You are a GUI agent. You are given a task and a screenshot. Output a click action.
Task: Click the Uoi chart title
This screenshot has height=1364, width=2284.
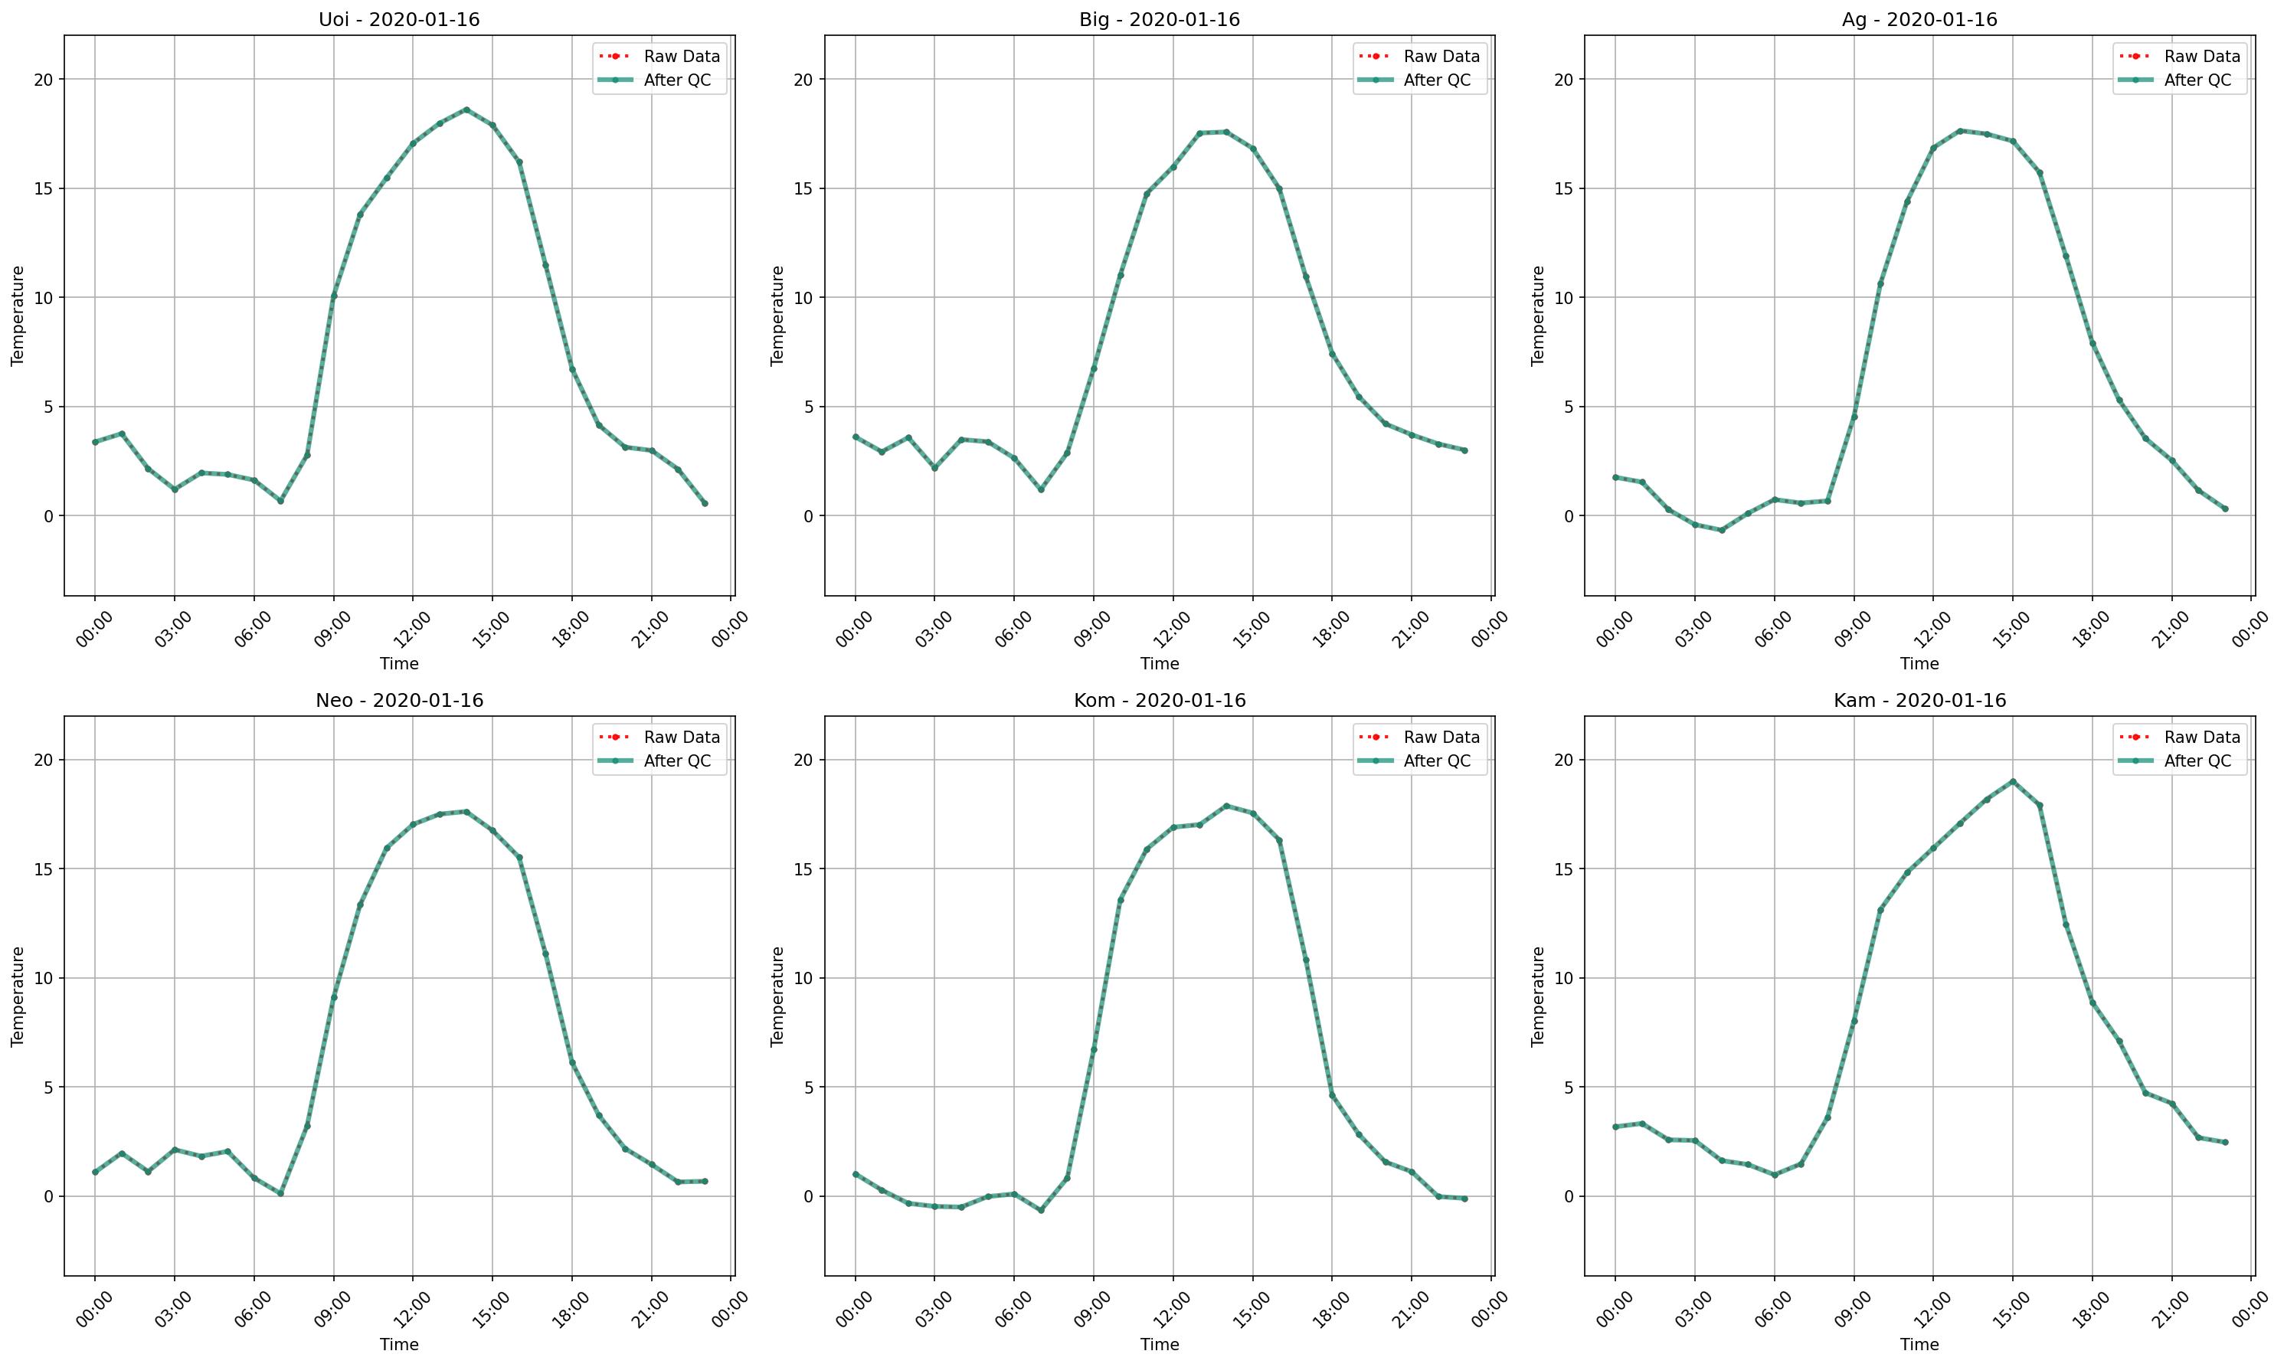tap(399, 19)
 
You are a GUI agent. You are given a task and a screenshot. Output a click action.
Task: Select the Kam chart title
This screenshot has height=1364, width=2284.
tap(1919, 701)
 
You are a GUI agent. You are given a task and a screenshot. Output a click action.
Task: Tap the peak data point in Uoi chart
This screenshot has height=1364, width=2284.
tap(466, 110)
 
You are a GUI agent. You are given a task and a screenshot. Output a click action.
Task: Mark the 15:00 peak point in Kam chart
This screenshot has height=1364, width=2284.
tap(2013, 781)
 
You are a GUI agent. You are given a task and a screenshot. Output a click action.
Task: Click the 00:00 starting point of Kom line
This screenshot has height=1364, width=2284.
tap(856, 1174)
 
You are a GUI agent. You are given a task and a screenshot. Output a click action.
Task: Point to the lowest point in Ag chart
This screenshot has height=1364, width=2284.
tap(1722, 530)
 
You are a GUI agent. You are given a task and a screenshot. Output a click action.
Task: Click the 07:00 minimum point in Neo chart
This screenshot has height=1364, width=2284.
tap(280, 1193)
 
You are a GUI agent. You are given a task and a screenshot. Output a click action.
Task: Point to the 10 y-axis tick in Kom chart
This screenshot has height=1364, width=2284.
tap(804, 978)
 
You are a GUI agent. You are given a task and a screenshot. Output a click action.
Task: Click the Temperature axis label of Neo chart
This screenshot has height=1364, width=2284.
tap(18, 996)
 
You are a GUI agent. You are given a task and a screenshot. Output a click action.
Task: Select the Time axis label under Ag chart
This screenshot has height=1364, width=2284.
tap(1919, 663)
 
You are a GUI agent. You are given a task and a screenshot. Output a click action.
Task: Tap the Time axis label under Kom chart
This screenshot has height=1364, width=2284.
tap(1159, 1345)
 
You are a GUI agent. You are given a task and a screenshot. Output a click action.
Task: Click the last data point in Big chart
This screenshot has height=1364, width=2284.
tap(1464, 450)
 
